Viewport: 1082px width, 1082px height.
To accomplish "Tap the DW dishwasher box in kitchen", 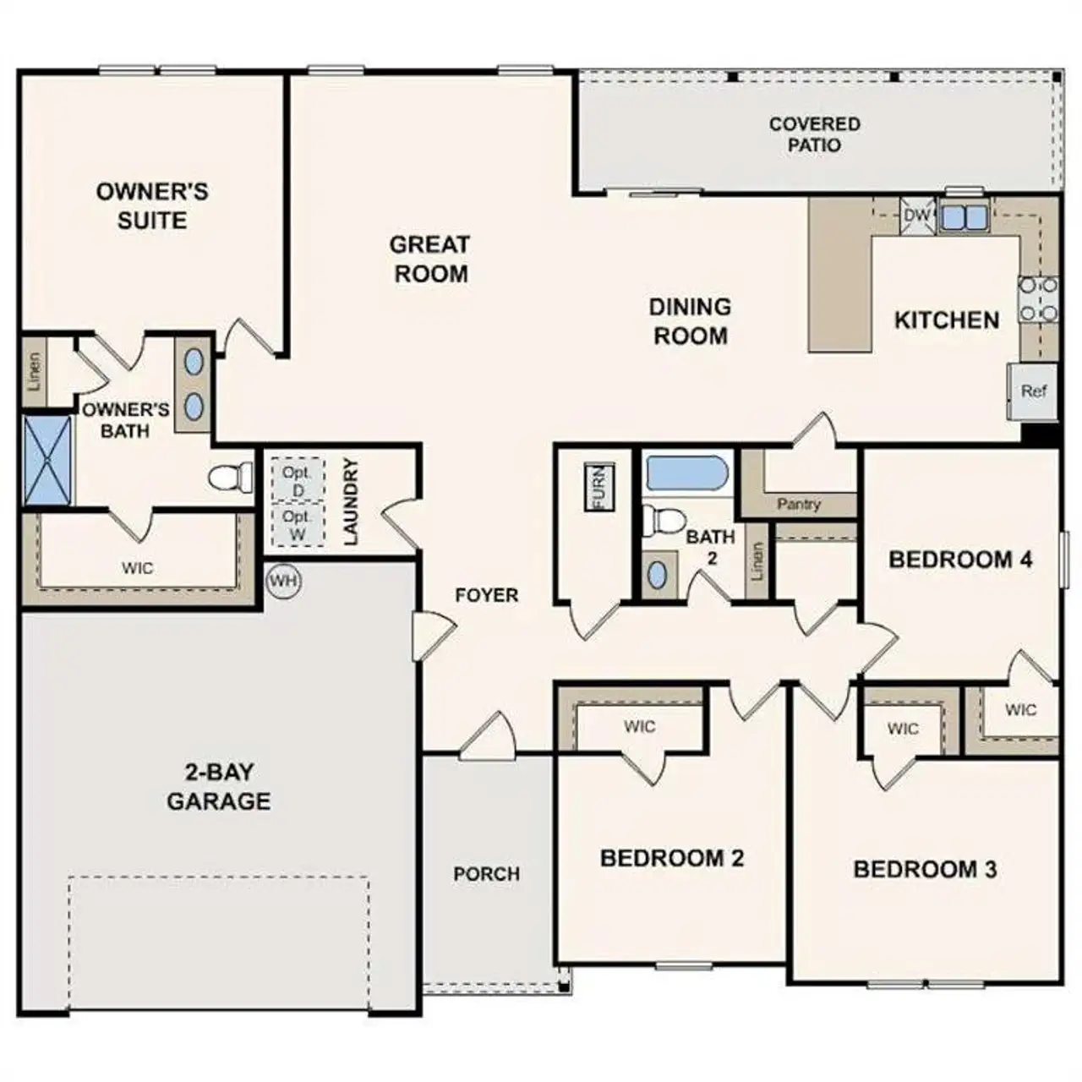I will point(916,216).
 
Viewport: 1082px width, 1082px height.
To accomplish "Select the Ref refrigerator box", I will point(1033,391).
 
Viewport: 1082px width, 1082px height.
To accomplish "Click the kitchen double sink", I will point(964,216).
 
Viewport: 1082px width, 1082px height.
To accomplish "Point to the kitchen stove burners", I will point(1038,299).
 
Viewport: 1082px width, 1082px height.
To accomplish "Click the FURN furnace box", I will point(598,488).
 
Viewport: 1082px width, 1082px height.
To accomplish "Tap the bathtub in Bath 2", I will point(686,474).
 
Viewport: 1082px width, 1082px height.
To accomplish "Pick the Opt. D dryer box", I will point(297,480).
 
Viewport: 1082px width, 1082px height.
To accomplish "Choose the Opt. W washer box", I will point(297,525).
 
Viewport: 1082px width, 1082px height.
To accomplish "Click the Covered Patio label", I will point(814,134).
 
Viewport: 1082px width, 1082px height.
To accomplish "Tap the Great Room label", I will point(430,259).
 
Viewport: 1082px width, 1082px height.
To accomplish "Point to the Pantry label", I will point(798,504).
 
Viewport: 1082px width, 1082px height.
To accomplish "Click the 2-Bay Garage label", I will point(218,786).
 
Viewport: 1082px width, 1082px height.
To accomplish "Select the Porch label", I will point(486,873).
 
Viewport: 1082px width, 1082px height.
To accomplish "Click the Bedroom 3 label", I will point(925,869).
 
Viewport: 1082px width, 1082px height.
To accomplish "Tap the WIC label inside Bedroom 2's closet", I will point(639,726).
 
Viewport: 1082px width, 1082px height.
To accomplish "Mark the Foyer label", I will point(486,595).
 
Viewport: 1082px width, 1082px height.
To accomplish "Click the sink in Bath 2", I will point(658,575).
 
